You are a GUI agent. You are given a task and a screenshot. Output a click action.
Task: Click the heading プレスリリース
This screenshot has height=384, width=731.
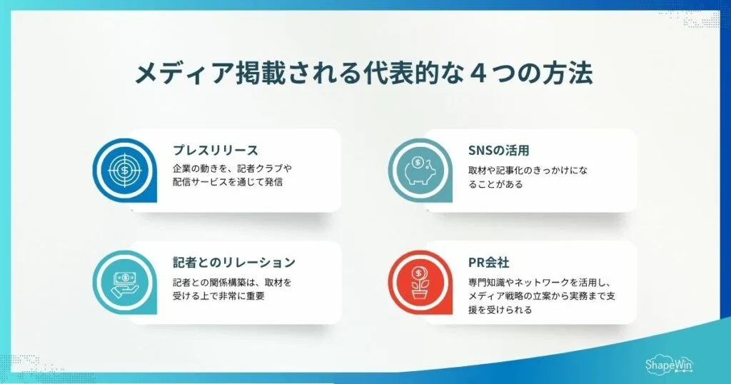[215, 150]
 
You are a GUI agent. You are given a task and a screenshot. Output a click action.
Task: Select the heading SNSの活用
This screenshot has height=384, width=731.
[498, 150]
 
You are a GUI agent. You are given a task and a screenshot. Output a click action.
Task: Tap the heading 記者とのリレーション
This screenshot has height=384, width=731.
[233, 262]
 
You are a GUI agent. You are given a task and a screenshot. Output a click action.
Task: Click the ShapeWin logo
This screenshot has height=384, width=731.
[670, 364]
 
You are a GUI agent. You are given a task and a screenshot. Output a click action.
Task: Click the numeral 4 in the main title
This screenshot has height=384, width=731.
[472, 74]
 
